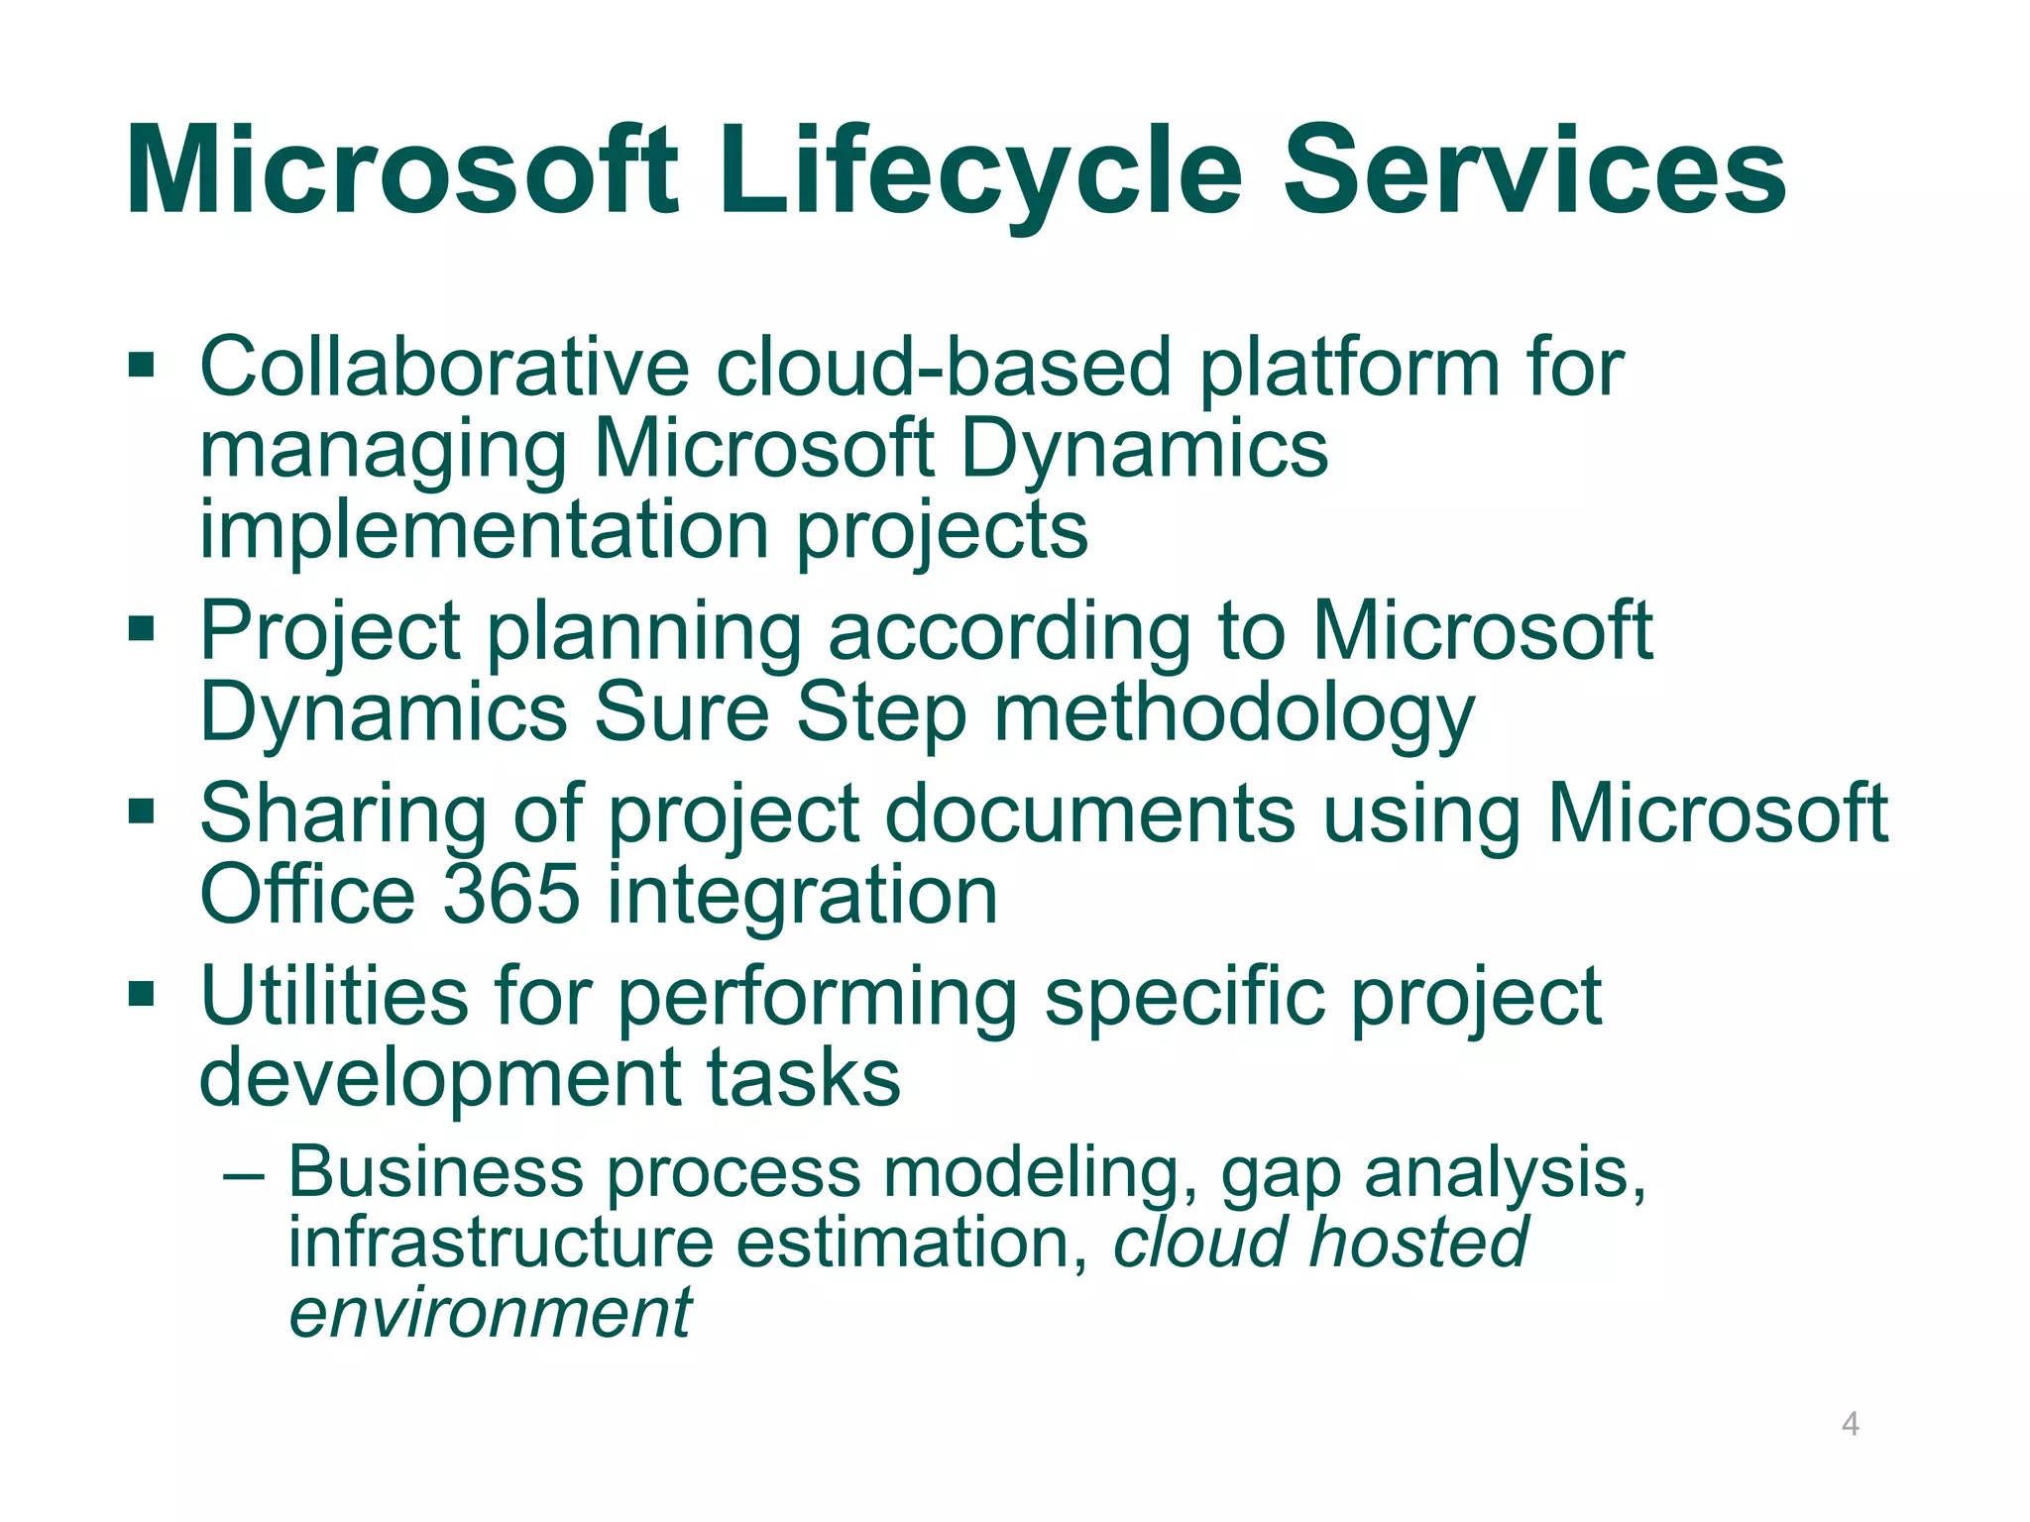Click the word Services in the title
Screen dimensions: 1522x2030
(1534, 170)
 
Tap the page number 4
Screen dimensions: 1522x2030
(1850, 1425)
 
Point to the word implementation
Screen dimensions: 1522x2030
(485, 530)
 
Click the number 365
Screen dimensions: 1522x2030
(510, 895)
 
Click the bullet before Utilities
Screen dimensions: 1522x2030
(142, 992)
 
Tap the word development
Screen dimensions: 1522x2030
(439, 1079)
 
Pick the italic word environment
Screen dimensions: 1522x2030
(490, 1313)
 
